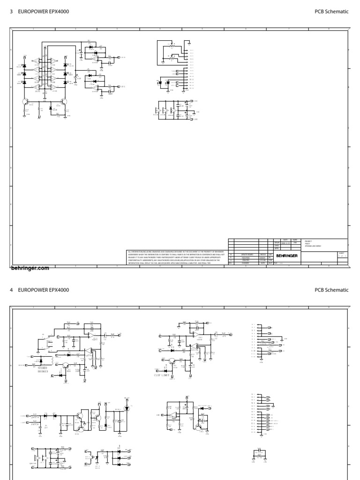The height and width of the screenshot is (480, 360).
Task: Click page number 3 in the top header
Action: (11, 11)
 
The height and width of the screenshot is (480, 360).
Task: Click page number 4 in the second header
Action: (11, 290)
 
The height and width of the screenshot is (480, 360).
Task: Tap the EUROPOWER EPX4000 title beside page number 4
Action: (44, 290)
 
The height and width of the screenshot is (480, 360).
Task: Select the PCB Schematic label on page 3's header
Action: (331, 11)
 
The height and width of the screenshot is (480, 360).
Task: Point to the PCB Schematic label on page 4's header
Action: (331, 290)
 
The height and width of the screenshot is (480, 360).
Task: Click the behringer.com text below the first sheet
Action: (30, 269)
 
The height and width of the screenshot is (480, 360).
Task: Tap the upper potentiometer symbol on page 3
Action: (172, 46)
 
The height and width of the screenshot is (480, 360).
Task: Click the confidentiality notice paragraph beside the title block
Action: (176, 258)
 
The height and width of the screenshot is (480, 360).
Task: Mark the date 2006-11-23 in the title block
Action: (285, 243)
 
